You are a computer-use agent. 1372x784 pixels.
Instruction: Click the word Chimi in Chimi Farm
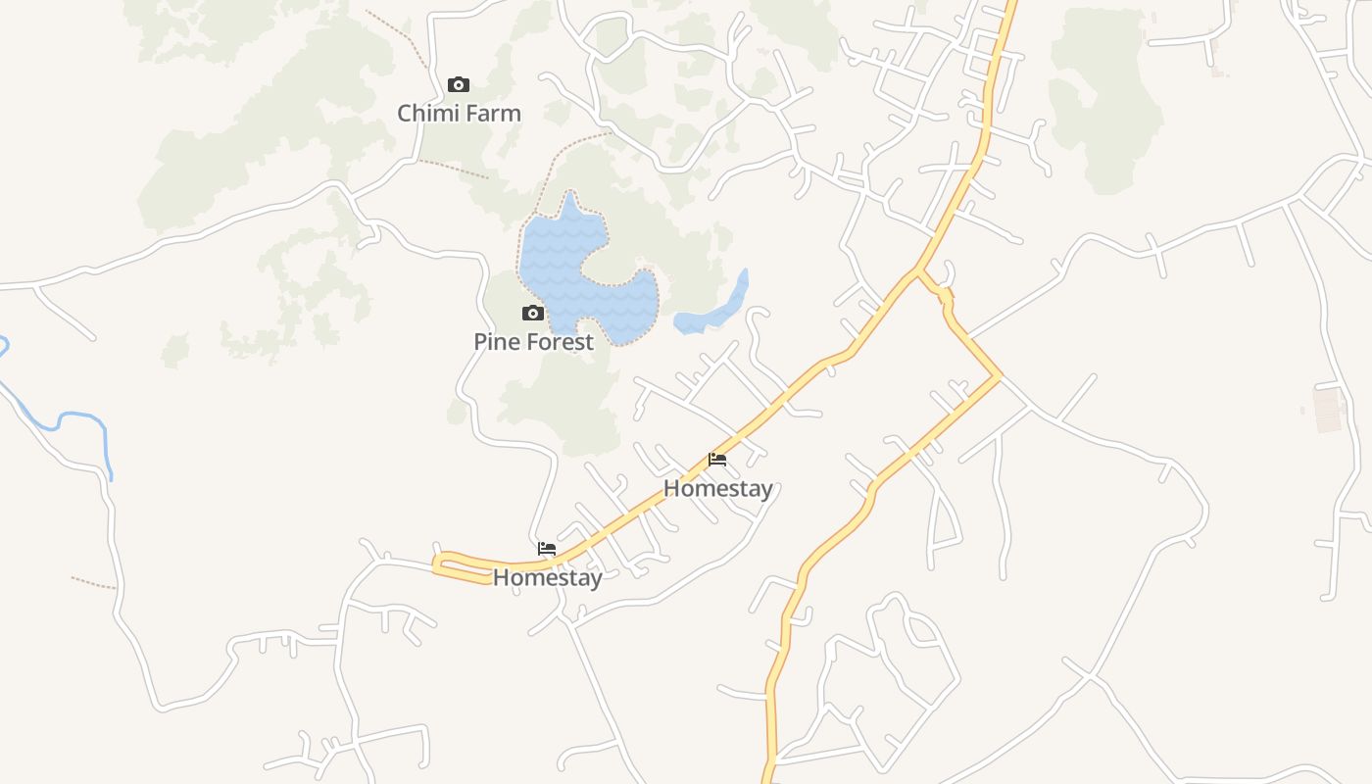tap(427, 113)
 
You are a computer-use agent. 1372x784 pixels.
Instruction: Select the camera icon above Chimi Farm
tap(458, 85)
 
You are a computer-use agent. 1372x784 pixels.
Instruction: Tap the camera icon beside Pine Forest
tap(533, 314)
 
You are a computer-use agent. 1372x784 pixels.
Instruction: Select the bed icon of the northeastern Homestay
tap(717, 460)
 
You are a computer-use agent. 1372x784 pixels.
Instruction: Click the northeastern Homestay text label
tap(718, 488)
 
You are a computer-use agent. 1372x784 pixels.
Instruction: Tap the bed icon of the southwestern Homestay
tap(547, 549)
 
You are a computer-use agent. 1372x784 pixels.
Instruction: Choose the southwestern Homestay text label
tap(547, 577)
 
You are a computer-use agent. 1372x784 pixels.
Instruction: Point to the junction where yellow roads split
tap(918, 270)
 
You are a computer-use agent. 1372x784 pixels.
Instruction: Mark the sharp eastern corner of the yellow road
tap(998, 376)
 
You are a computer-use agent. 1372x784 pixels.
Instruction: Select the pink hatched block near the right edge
tap(1329, 410)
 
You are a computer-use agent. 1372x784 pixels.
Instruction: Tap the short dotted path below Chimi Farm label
tap(453, 169)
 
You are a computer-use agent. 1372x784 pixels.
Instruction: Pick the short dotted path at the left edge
tap(93, 583)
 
